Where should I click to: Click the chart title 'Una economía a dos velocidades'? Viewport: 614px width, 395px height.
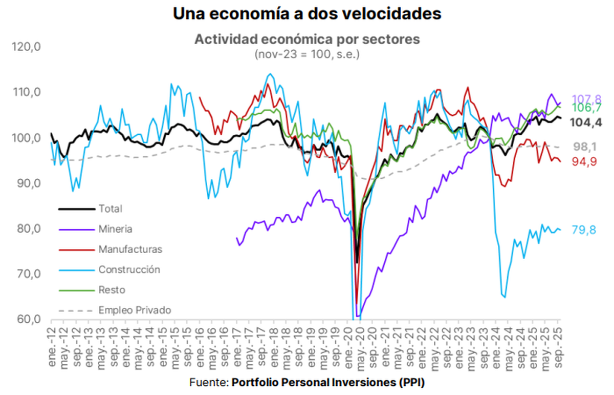[306, 14]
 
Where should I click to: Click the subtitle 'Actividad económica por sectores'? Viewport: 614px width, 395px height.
[306, 39]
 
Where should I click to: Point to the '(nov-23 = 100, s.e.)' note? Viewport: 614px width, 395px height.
[306, 54]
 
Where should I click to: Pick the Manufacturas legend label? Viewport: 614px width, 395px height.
[130, 250]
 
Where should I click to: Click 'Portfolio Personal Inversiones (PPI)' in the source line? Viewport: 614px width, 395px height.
[328, 383]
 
